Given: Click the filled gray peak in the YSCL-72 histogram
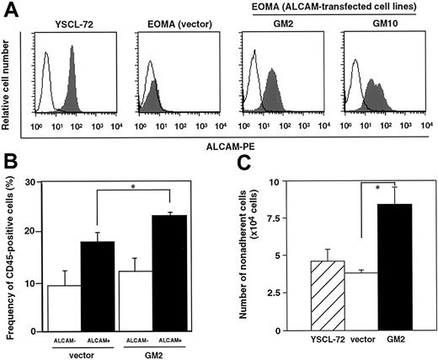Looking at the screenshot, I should [72, 84].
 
